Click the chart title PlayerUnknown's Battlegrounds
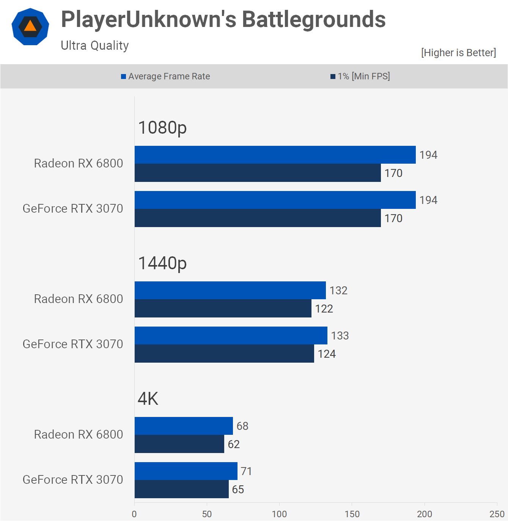coord(223,19)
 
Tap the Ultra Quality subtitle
coord(95,46)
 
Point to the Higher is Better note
coord(458,52)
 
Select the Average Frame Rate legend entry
coord(165,76)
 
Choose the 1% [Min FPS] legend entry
coord(360,76)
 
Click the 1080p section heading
coord(162,128)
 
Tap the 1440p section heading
coord(162,263)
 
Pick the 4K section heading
coord(148,399)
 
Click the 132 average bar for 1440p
coord(230,290)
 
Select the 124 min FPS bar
coord(224,354)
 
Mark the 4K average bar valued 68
coord(184,426)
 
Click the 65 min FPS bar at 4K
coord(181,489)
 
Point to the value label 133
coord(340,336)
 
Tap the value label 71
coord(246,471)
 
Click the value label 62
coord(234,444)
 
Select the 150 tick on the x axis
coord(352,514)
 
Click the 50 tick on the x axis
coord(207,514)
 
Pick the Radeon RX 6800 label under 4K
coord(79,434)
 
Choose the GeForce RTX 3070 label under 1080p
coord(73,208)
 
